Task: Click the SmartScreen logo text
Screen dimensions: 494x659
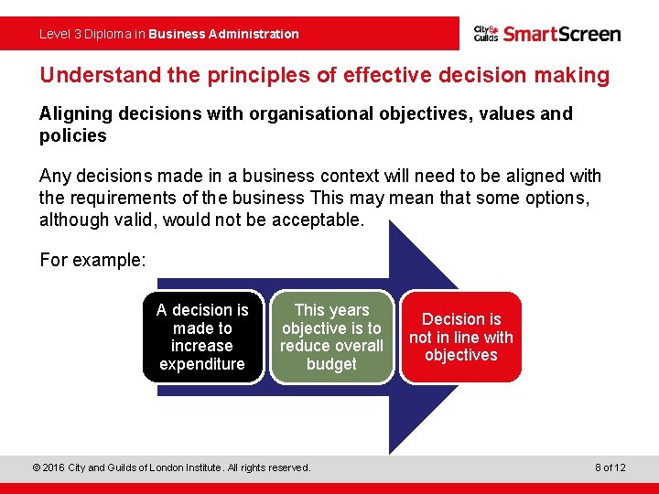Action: click(562, 34)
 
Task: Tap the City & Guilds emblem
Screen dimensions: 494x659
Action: click(486, 34)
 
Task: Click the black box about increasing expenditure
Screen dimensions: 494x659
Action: click(202, 337)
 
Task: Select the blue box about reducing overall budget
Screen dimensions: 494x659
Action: click(331, 337)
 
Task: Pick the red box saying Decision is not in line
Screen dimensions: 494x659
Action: click(461, 337)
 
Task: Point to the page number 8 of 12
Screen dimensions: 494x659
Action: click(610, 467)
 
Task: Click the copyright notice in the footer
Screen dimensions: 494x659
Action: click(171, 467)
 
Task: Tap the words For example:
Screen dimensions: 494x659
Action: click(92, 260)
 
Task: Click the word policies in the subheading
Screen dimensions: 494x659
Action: click(73, 135)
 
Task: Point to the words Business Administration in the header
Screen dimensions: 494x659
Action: click(223, 34)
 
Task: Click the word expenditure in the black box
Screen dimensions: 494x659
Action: click(202, 364)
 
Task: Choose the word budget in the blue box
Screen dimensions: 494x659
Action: click(331, 364)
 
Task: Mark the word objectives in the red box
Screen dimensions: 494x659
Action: click(461, 355)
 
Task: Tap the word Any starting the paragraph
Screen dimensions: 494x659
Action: click(53, 176)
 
